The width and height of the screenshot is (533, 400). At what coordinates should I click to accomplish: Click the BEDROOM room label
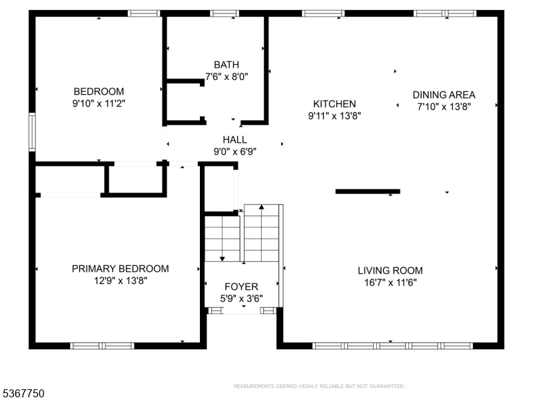click(x=99, y=91)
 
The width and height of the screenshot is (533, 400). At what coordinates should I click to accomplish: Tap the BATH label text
click(x=227, y=65)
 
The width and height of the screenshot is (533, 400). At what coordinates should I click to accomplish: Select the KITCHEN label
click(x=334, y=104)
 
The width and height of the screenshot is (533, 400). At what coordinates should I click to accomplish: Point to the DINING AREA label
click(x=444, y=95)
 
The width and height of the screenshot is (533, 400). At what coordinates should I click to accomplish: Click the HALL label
click(x=235, y=139)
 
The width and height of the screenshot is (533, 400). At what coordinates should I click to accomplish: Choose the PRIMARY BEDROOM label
click(x=121, y=269)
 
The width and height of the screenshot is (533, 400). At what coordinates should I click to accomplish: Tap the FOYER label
click(x=241, y=287)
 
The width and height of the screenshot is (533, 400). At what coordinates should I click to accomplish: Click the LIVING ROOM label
click(x=390, y=271)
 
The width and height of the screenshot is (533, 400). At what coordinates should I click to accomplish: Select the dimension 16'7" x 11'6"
click(x=390, y=283)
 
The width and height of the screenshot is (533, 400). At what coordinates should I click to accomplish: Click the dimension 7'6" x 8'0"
click(x=227, y=77)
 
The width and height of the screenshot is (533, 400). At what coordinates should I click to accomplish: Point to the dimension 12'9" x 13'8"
click(x=121, y=281)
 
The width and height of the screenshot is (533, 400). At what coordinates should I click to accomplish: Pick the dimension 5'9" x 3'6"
click(x=241, y=299)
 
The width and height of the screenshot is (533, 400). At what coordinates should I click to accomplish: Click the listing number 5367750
click(x=22, y=393)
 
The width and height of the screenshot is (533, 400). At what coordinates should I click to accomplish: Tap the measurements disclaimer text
click(x=319, y=386)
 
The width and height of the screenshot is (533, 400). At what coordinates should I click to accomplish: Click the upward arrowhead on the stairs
click(x=261, y=207)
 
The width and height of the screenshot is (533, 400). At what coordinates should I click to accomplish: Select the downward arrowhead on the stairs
click(x=223, y=259)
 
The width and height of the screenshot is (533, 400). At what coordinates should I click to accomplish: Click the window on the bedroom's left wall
click(x=32, y=132)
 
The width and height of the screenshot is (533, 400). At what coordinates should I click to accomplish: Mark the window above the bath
click(x=225, y=13)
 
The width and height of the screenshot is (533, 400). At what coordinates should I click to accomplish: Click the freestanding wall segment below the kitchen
click(x=368, y=191)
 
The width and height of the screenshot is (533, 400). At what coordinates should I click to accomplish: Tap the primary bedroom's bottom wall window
click(x=103, y=346)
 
